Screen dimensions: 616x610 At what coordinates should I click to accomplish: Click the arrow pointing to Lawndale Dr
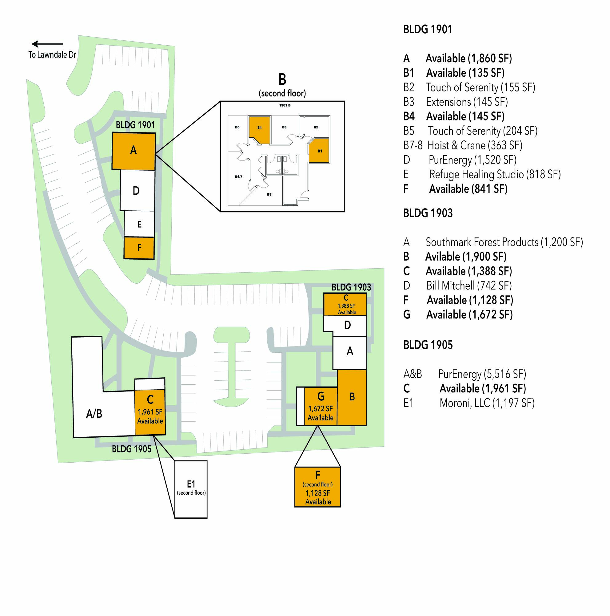click(47, 44)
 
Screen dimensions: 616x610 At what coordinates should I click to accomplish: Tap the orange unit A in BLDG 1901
click(134, 151)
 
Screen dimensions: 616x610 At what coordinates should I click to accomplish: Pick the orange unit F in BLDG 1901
click(139, 248)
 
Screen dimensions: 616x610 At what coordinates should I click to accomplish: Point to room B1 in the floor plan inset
click(319, 151)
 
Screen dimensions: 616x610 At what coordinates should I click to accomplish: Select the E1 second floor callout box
click(191, 489)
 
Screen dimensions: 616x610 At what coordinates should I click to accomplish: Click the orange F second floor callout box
click(318, 487)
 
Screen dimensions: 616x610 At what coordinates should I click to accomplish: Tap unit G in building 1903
click(321, 406)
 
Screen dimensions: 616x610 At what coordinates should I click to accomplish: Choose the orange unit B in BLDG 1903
click(352, 397)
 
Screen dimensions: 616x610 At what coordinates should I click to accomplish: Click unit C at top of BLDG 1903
click(346, 305)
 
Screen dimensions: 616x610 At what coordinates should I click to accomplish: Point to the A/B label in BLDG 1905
click(94, 414)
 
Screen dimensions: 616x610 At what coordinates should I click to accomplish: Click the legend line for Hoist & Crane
click(463, 146)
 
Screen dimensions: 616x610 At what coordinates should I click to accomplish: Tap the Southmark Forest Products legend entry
click(493, 242)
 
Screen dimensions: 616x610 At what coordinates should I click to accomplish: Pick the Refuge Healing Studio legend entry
click(482, 175)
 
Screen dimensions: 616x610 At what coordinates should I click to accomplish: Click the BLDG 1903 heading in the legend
click(428, 213)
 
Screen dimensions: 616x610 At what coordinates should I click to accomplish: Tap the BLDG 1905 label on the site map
click(131, 449)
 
